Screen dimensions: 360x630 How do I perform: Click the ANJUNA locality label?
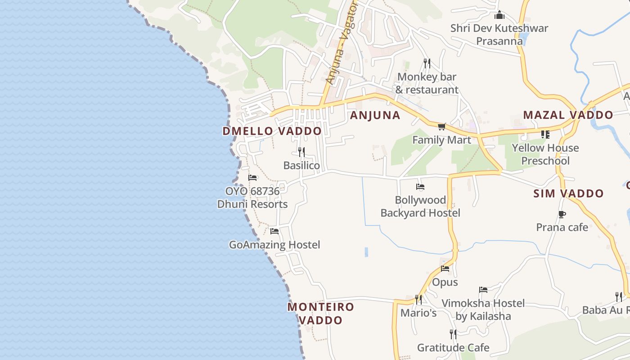point(375,115)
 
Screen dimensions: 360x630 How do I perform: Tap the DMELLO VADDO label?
point(272,131)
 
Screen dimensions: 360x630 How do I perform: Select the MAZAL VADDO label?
point(567,115)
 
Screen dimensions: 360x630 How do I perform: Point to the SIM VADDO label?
point(568,193)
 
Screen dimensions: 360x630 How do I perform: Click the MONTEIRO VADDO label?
point(320,314)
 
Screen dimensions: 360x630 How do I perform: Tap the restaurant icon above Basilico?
point(301,152)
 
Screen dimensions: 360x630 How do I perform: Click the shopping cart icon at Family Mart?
point(441,127)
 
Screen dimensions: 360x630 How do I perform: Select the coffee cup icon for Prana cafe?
point(562,214)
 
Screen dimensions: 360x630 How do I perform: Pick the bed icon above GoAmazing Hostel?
point(274,231)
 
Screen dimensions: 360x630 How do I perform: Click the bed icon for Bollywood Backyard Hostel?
point(420,186)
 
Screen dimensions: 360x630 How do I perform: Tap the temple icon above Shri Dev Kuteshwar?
point(499,16)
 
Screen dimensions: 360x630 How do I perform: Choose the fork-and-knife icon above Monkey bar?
point(427,63)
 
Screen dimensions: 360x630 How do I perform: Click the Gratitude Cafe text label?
point(453,347)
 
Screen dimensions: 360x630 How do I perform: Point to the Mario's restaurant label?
point(418,312)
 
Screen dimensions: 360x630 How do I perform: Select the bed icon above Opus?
point(445,269)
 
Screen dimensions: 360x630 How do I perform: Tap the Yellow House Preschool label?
point(545,154)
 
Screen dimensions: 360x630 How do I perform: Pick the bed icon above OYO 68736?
point(252,178)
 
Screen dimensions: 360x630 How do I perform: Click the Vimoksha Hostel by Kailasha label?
point(483,310)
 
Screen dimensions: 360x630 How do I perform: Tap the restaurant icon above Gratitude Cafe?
point(453,334)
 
